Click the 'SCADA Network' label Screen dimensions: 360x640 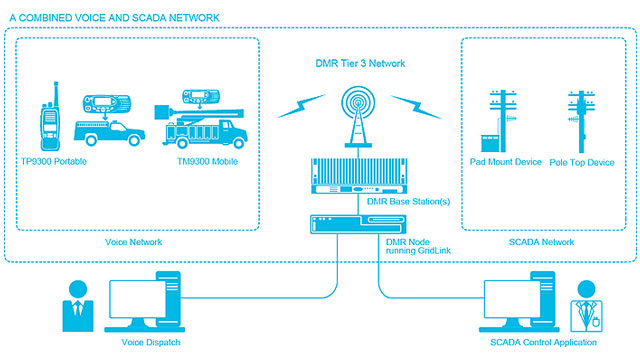point(542,242)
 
